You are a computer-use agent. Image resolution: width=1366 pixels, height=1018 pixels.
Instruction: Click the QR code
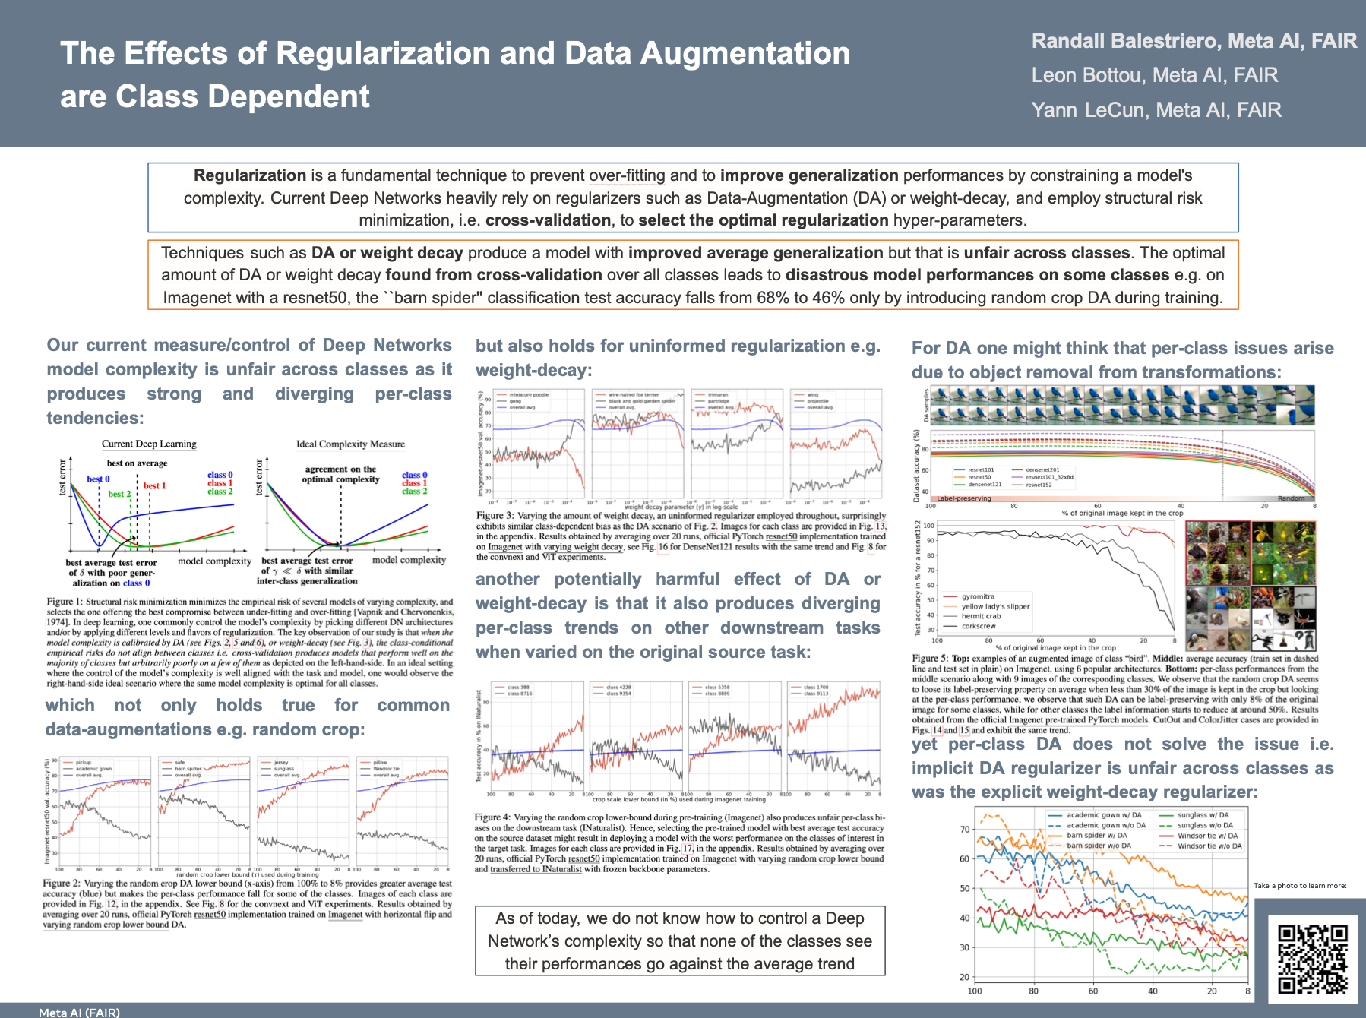point(1312,958)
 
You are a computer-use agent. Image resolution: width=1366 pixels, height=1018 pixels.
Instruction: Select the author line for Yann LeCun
point(1156,110)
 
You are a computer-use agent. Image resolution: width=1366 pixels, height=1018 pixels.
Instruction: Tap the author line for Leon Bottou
point(1154,75)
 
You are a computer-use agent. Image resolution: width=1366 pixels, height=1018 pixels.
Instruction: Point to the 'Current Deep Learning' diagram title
point(149,444)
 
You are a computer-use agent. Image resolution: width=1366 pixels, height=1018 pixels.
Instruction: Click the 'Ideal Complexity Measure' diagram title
point(350,444)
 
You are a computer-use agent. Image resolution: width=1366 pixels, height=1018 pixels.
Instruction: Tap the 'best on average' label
point(137,463)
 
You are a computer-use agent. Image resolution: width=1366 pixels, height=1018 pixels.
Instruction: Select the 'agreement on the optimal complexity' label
point(340,474)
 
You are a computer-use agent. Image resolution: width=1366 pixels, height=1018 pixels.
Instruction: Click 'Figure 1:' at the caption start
point(65,602)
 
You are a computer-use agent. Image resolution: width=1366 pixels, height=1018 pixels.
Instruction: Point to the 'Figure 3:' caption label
point(495,516)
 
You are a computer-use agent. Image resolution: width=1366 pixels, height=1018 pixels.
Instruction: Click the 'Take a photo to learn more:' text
point(1300,885)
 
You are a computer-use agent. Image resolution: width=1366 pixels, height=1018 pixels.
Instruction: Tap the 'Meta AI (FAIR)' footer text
point(79,1012)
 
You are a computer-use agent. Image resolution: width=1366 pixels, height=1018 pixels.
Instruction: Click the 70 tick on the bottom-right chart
point(965,829)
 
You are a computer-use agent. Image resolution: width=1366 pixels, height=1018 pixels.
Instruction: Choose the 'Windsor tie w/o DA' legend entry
point(1209,846)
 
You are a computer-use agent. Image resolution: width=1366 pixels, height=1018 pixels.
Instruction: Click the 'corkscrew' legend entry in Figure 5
point(979,626)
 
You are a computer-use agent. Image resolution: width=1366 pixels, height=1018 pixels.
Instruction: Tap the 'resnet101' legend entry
point(981,469)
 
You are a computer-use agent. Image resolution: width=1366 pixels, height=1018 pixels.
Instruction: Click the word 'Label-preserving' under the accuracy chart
point(964,498)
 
